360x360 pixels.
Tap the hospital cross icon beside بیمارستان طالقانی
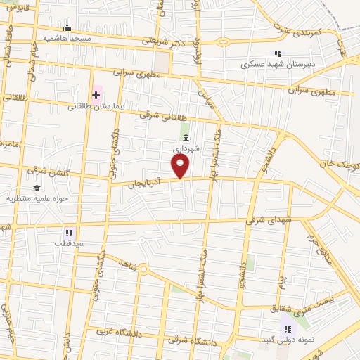tap(96, 94)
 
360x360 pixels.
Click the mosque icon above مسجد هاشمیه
tap(67, 28)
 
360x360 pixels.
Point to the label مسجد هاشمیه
tap(67, 38)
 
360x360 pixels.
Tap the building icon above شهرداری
tap(186, 138)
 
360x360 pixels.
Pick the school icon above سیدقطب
tap(69, 232)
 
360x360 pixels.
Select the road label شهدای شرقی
tap(268, 220)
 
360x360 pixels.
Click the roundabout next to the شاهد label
tap(143, 269)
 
